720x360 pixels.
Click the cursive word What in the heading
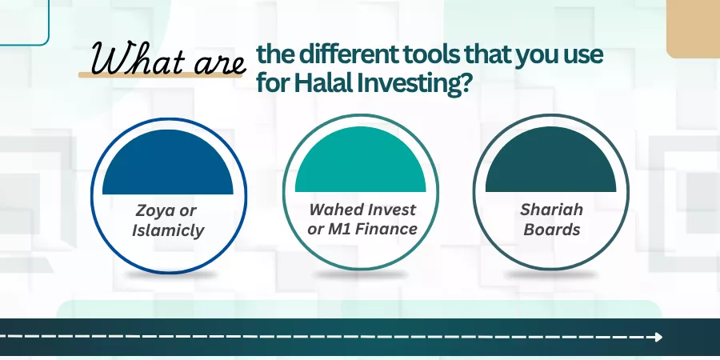pos(138,58)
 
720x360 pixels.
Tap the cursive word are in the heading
pos(220,64)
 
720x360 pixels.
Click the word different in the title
pos(346,54)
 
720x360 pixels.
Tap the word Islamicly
pos(168,230)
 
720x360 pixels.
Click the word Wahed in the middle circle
pos(334,210)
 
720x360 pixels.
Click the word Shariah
pos(551,210)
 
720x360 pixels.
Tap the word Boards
pos(551,229)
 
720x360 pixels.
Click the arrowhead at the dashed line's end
pos(659,337)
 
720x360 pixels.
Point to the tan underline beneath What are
pos(160,74)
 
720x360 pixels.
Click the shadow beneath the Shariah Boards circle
pos(550,274)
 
